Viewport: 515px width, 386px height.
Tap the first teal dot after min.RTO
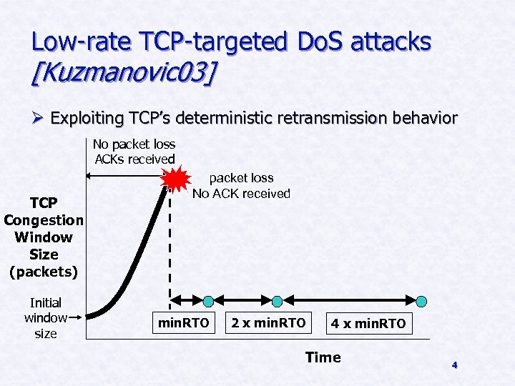208,301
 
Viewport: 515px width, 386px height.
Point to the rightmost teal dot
422,301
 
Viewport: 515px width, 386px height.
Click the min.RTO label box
184,324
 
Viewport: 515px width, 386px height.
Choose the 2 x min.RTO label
268,324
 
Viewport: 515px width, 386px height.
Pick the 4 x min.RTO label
368,324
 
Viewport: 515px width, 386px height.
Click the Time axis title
323,357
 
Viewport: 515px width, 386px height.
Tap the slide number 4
453,365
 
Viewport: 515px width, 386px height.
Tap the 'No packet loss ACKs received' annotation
134,152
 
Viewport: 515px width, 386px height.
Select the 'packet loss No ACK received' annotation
241,186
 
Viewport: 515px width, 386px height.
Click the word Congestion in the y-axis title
43,220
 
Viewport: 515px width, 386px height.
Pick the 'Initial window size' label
46,318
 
